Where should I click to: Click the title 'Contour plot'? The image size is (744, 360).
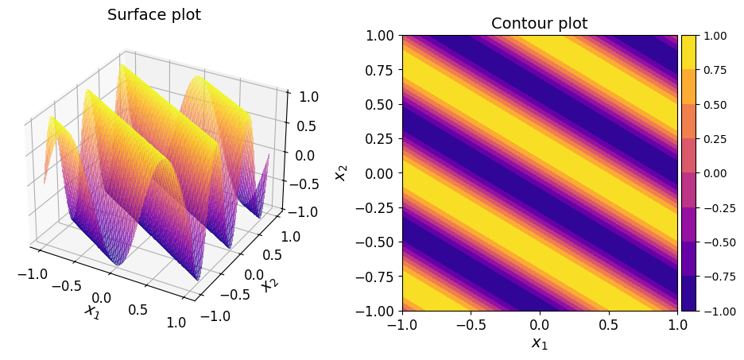539,24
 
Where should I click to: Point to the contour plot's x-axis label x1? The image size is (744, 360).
540,343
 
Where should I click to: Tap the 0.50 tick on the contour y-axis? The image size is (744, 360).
380,104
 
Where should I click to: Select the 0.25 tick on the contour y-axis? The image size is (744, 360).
380,138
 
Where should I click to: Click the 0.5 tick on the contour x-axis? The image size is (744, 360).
608,326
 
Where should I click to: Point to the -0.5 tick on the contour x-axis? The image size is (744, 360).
471,326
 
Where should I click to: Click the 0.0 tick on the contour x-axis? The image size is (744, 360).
540,326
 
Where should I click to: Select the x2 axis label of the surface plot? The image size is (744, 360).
270,281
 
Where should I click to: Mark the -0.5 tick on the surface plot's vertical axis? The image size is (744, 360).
305,184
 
